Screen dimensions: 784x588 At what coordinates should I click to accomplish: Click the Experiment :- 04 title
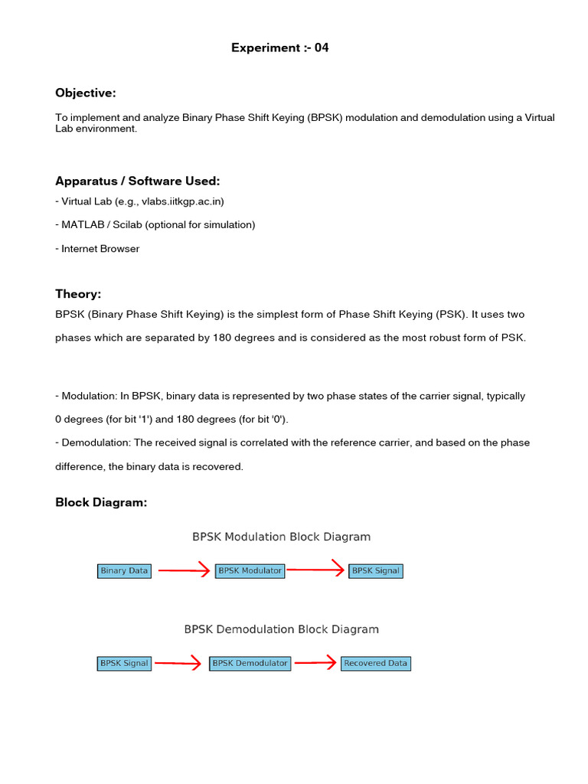[280, 48]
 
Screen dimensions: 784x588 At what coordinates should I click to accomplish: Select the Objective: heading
[86, 93]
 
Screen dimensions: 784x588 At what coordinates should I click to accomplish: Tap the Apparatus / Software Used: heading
[138, 181]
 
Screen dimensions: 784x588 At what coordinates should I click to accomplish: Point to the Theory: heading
[78, 294]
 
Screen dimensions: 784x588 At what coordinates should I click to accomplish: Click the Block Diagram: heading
[101, 502]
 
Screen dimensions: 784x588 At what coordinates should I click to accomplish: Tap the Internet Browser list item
[100, 249]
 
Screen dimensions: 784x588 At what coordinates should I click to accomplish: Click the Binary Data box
[124, 570]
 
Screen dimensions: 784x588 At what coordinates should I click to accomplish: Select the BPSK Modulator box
[250, 570]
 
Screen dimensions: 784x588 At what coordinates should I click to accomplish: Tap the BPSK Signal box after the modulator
[375, 570]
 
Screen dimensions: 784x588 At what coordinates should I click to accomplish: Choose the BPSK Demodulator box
[250, 663]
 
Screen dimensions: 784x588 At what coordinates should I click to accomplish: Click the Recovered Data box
[375, 663]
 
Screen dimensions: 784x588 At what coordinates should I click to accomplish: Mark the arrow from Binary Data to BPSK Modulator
[183, 570]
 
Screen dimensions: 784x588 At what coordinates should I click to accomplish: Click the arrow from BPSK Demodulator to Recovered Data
[315, 663]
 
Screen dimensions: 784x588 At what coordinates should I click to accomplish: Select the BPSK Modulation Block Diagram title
[281, 537]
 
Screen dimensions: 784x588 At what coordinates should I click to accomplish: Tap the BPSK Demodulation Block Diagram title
[281, 629]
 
